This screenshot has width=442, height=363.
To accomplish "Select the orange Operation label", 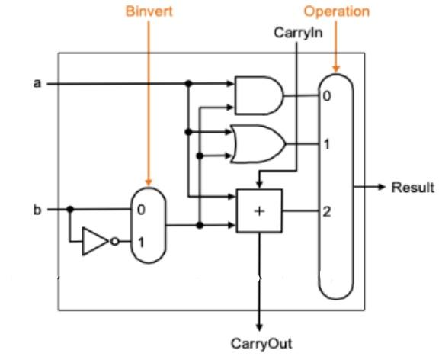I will tap(336, 12).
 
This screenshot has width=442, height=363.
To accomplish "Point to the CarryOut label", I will tap(262, 343).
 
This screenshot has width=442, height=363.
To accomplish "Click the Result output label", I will tap(412, 188).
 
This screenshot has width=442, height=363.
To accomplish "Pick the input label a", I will tap(37, 83).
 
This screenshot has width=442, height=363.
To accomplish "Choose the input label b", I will tap(37, 208).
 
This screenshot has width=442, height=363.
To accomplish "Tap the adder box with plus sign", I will tap(259, 210).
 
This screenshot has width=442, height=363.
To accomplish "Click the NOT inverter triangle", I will tap(96, 243).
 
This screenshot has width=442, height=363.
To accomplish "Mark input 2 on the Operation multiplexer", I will tap(327, 210).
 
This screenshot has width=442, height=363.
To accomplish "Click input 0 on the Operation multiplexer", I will tap(326, 96).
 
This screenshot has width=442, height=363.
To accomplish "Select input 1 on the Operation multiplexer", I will tap(326, 143).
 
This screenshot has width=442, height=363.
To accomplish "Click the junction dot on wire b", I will tap(70, 208).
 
